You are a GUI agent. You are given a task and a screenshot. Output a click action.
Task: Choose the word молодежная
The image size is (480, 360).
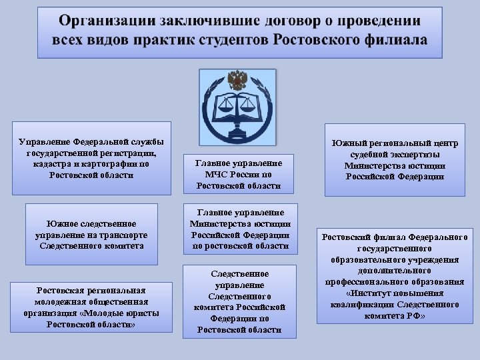pyautogui.click(x=59, y=301)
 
